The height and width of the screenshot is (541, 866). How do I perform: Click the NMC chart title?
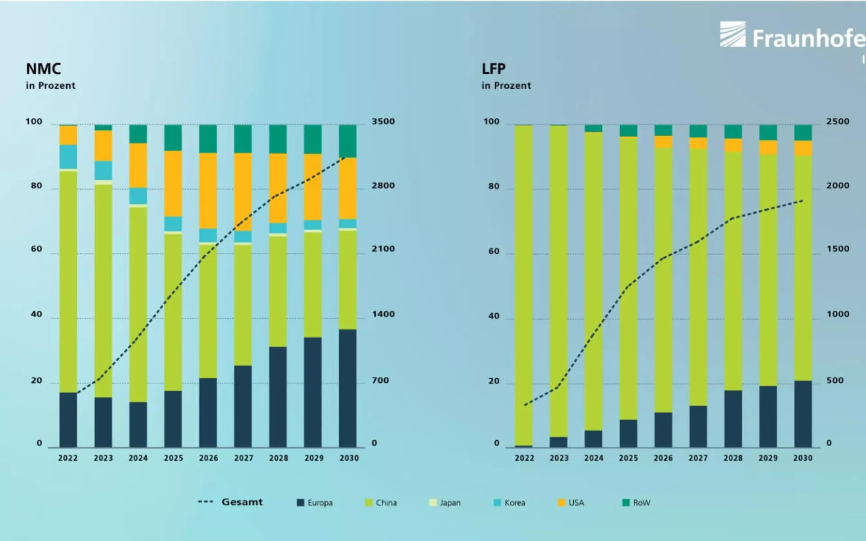click(x=43, y=69)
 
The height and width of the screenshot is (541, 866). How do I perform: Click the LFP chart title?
click(x=493, y=69)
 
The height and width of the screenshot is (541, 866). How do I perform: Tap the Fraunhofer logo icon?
click(x=732, y=34)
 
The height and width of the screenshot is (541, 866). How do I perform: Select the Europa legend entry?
click(x=315, y=503)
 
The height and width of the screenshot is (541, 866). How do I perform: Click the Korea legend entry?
click(x=510, y=503)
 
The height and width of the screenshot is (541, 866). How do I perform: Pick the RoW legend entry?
click(x=636, y=503)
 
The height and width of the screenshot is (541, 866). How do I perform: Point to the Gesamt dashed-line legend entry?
click(x=230, y=502)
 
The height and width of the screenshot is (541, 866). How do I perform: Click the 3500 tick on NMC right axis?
click(x=383, y=122)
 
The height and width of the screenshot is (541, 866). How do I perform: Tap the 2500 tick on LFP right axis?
click(x=838, y=122)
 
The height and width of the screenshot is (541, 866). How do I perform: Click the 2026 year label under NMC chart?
click(x=208, y=458)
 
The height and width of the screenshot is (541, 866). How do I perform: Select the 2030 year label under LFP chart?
click(x=803, y=458)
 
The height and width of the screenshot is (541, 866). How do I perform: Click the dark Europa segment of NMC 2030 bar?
click(x=348, y=388)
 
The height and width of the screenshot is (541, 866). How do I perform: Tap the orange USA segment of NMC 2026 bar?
click(x=208, y=190)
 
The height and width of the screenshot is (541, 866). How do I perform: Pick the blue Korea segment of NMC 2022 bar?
click(x=68, y=156)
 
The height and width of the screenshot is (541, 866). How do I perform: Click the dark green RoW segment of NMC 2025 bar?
click(x=173, y=138)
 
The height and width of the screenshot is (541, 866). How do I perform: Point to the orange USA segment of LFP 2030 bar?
click(x=803, y=148)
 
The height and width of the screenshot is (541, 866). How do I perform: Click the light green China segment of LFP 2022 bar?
click(x=524, y=284)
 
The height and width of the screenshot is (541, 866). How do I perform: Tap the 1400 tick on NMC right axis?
click(x=383, y=314)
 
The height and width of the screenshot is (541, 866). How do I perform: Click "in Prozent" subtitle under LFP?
click(x=506, y=86)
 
